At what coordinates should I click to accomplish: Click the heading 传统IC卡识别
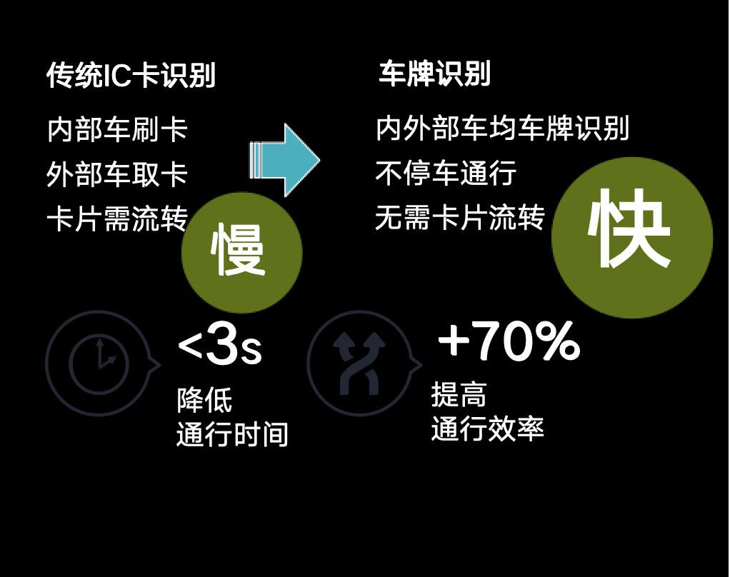click(131, 76)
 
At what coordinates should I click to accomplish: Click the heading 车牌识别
click(434, 74)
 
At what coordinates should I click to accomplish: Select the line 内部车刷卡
click(117, 130)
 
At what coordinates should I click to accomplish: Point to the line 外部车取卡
click(117, 174)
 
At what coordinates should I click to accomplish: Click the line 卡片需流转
click(117, 219)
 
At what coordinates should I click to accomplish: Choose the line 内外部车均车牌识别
click(502, 129)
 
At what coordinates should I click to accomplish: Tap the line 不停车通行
click(446, 173)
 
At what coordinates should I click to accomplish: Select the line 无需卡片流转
click(460, 217)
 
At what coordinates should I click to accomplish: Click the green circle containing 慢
click(241, 252)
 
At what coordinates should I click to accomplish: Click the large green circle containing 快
click(631, 237)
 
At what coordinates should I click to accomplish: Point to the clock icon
click(99, 363)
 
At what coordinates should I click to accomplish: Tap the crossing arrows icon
click(359, 363)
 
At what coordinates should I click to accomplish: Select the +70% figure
click(509, 341)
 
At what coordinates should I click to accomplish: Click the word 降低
click(204, 401)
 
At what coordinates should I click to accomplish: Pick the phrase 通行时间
click(232, 434)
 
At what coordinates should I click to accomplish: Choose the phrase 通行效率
click(487, 428)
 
